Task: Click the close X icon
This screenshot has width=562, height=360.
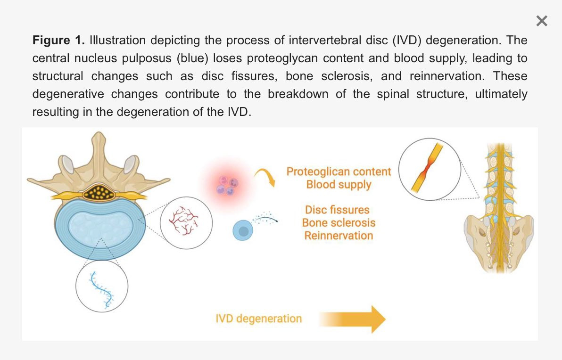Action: coord(542,21)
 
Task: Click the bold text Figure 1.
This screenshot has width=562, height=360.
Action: coord(58,40)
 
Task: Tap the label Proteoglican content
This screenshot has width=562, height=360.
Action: coord(339,172)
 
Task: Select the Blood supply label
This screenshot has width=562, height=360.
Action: coord(339,185)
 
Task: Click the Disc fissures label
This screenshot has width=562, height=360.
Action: coord(337,210)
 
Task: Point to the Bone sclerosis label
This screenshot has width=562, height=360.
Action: coord(339,222)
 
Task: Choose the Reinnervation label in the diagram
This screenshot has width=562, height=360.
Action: coord(339,235)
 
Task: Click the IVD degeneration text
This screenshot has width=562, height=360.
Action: coord(258,319)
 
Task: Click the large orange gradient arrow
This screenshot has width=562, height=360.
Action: coord(352,319)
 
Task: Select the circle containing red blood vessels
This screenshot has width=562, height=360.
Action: coord(186,223)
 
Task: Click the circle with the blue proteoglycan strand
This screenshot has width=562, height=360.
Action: coord(102,286)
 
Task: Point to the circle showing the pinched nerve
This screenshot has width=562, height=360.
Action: coord(430,169)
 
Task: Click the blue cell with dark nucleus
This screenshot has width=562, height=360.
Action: coord(243,230)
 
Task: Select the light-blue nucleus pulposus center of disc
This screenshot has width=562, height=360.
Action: coord(101,226)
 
